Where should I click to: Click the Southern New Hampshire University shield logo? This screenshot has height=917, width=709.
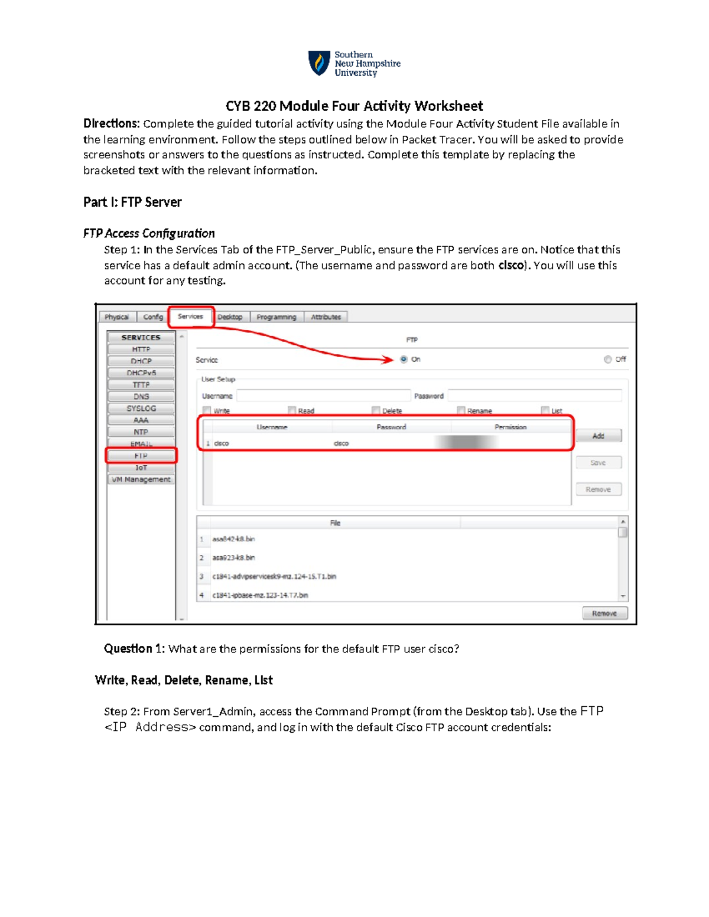click(x=319, y=63)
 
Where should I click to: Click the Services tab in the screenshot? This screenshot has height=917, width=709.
click(x=190, y=316)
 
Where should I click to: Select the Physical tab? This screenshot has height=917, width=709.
click(x=116, y=317)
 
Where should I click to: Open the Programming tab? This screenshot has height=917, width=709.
click(x=276, y=317)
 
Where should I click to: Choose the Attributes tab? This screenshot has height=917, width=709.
click(x=326, y=317)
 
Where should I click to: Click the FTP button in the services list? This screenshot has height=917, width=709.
click(x=141, y=456)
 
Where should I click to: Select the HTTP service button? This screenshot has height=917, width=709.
click(x=141, y=350)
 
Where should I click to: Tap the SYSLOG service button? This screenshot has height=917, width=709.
click(x=141, y=409)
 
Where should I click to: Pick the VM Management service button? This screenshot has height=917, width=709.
click(x=141, y=479)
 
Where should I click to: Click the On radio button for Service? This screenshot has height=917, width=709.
click(x=404, y=359)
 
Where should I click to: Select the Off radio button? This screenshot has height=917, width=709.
click(x=607, y=359)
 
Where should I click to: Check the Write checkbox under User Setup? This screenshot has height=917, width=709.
click(x=207, y=410)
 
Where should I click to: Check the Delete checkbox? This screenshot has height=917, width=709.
click(x=376, y=410)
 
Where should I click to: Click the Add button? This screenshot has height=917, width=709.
click(x=599, y=436)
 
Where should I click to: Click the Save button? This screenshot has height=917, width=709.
click(x=599, y=463)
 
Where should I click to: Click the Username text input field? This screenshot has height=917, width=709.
click(x=323, y=396)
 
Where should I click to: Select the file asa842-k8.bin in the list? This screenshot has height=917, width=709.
click(x=234, y=539)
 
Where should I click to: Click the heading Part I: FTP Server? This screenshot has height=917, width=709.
click(x=132, y=203)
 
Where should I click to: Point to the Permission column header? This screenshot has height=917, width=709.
click(x=510, y=427)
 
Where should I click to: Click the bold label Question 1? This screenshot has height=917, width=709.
click(x=134, y=649)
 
